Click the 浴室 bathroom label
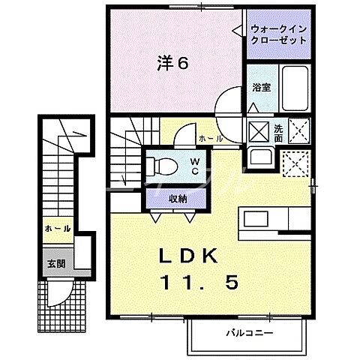coord(262,87)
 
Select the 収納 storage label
coord(177,199)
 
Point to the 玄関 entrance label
coord(57,263)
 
